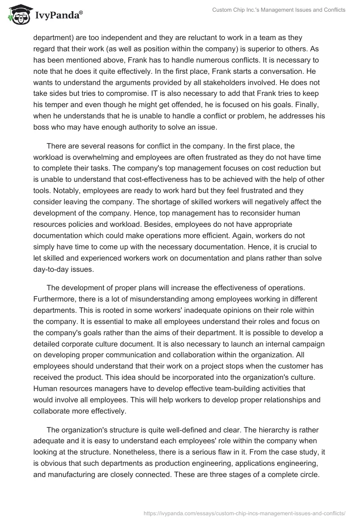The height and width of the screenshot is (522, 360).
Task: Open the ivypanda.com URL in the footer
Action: [243, 513]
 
